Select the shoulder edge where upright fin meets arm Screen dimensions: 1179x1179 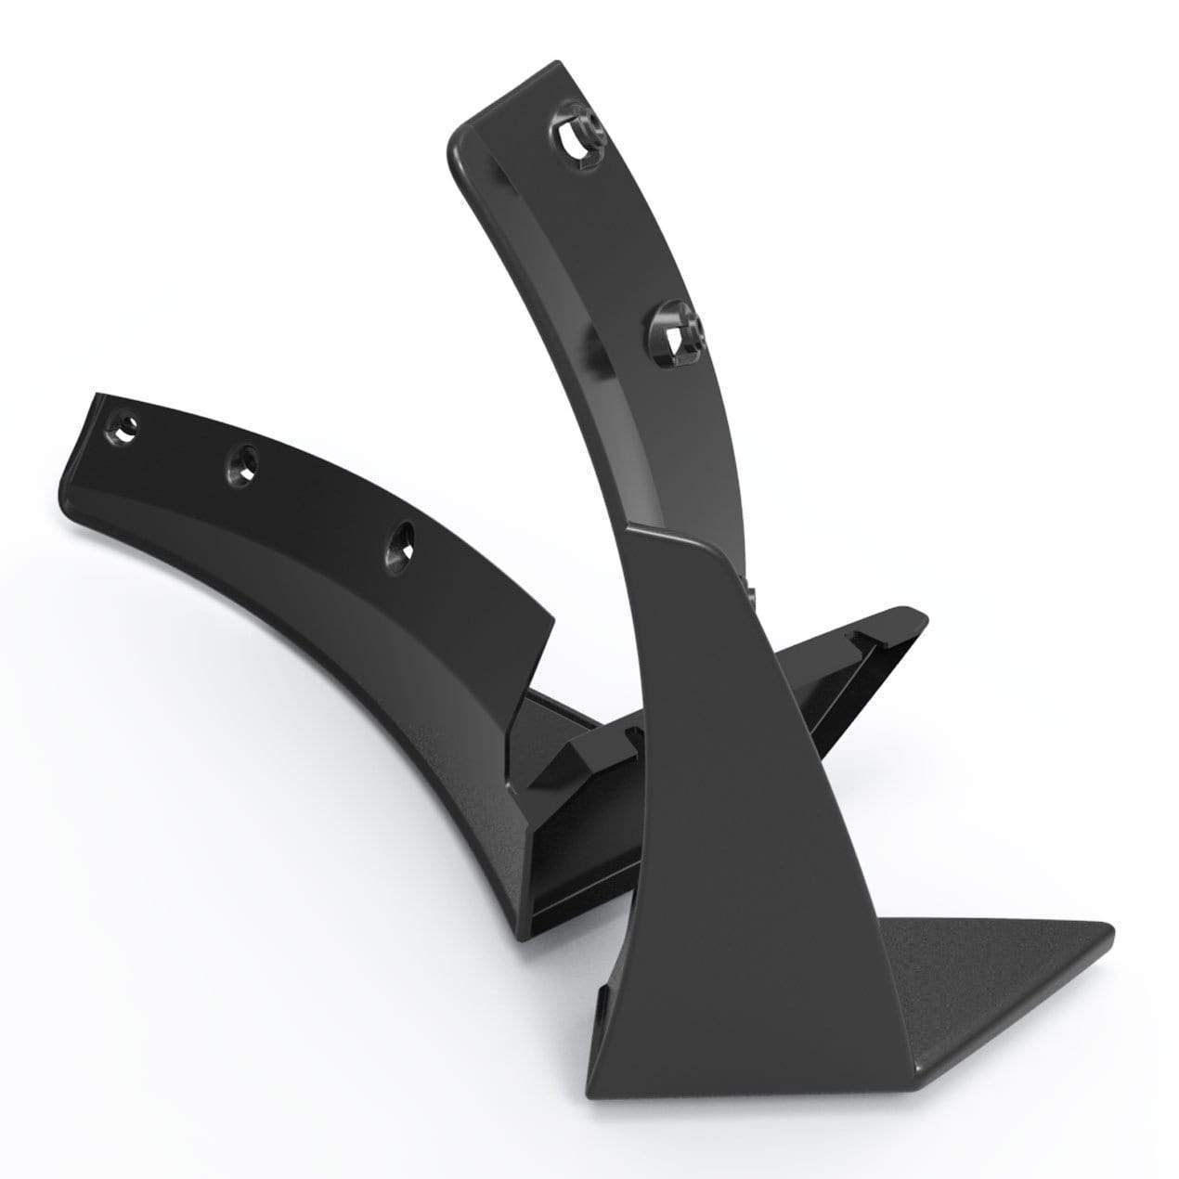coord(678,543)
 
